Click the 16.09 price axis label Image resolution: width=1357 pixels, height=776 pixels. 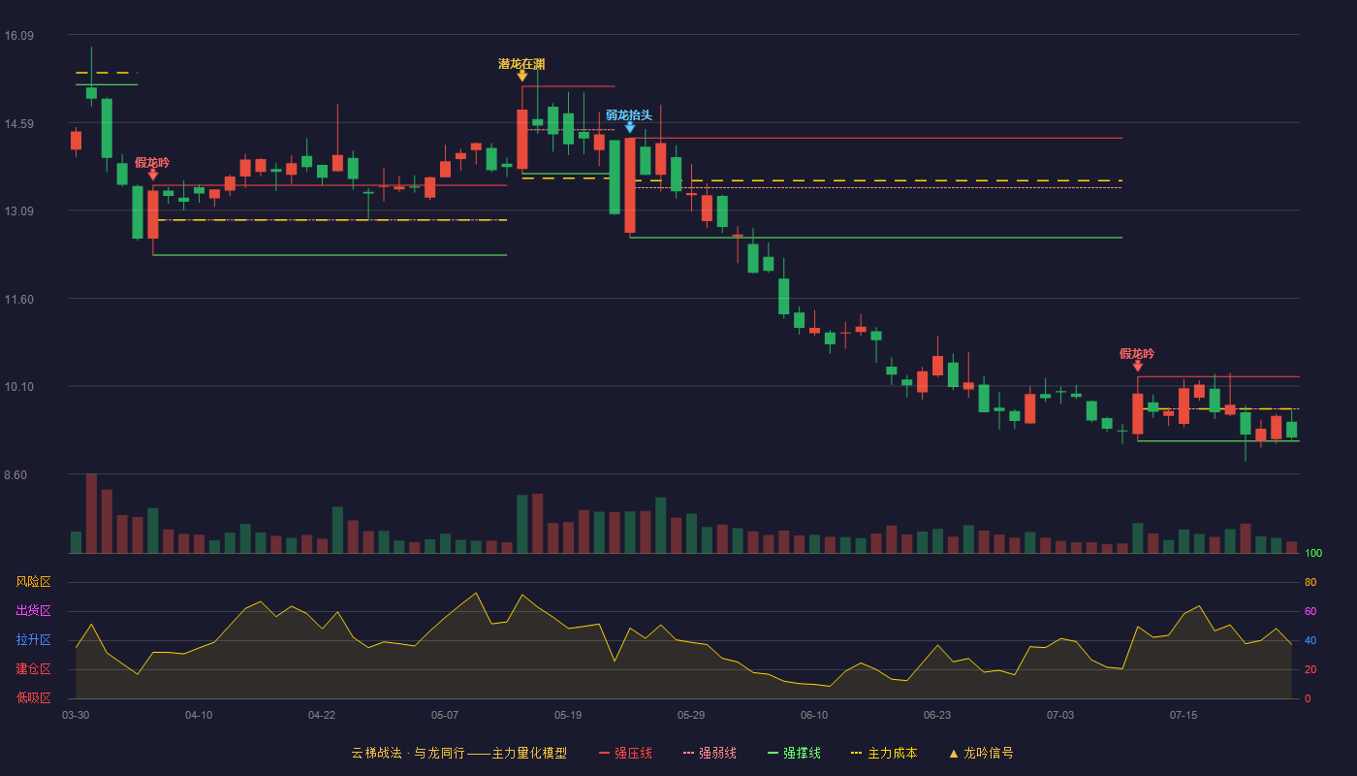tap(18, 36)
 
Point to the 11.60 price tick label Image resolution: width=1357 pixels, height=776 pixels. tap(18, 300)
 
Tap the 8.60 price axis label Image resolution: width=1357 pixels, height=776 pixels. tap(16, 475)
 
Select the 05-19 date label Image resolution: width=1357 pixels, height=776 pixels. tap(568, 716)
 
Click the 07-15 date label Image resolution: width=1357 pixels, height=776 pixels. tap(1183, 716)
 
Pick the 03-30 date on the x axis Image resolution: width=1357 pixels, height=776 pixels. tap(76, 716)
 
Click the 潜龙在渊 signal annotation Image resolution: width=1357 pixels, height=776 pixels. tap(521, 64)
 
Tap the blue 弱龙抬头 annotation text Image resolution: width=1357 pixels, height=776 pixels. tap(629, 115)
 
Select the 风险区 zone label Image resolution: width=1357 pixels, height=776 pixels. tap(33, 582)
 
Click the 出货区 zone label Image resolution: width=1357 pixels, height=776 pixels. tap(33, 610)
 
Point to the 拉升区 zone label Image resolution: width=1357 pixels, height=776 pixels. tap(33, 639)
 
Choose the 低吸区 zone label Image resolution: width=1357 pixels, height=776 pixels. tap(33, 697)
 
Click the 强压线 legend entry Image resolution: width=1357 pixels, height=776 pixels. tap(625, 753)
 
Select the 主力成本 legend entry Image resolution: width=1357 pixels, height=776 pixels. tap(884, 753)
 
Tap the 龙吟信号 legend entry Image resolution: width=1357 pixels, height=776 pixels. tap(981, 753)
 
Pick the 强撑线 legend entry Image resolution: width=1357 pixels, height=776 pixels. tap(794, 753)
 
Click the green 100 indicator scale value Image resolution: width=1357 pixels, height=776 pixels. tap(1313, 553)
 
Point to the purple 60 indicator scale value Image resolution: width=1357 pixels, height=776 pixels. tap(1310, 611)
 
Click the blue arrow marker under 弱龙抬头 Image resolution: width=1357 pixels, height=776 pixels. tap(630, 128)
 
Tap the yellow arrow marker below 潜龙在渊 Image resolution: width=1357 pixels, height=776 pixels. tap(522, 77)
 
